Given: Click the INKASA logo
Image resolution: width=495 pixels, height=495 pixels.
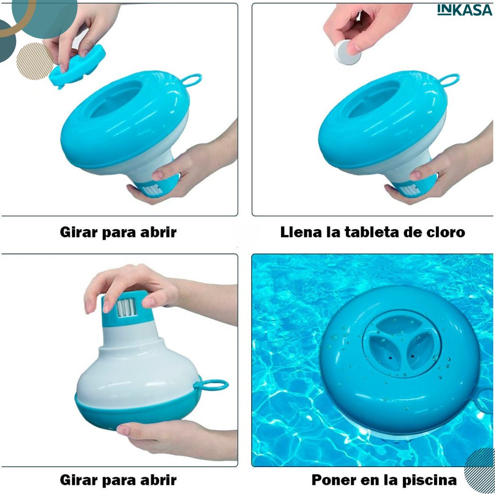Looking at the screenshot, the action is pyautogui.click(x=464, y=10).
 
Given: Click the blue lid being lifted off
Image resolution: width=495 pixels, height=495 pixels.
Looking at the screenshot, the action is pyautogui.click(x=77, y=66).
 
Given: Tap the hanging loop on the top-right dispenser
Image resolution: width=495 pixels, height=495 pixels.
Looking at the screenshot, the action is pyautogui.click(x=449, y=80).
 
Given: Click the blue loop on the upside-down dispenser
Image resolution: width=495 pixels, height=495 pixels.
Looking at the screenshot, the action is pyautogui.click(x=211, y=385).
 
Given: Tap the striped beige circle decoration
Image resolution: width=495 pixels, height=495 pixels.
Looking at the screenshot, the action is pyautogui.click(x=35, y=61).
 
